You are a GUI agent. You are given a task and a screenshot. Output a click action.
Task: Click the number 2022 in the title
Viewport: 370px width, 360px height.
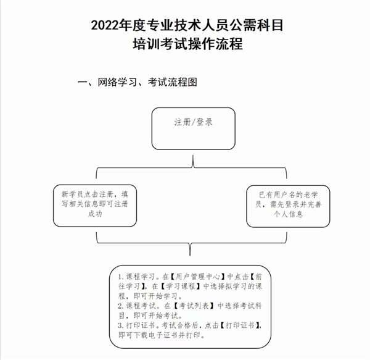[105, 25]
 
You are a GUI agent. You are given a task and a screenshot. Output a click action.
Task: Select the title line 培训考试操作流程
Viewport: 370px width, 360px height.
[188, 44]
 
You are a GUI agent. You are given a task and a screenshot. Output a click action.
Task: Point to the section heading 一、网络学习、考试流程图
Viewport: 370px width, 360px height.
[138, 82]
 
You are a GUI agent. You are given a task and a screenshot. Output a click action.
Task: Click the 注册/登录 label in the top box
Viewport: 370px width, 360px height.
[194, 122]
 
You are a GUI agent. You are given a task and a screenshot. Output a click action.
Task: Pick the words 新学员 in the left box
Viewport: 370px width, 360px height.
[72, 194]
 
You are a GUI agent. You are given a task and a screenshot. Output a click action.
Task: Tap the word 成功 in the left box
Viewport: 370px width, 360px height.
[95, 214]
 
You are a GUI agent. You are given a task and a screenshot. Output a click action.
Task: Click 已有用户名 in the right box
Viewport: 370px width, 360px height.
[277, 195]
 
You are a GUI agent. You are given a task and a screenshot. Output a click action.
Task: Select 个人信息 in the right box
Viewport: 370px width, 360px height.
[288, 214]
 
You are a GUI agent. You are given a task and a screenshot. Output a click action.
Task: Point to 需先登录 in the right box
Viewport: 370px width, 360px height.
[285, 204]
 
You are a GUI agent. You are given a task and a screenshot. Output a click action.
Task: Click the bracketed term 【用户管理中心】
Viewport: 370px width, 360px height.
[197, 277]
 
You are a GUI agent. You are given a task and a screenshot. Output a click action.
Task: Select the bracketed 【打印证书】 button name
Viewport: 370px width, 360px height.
[240, 325]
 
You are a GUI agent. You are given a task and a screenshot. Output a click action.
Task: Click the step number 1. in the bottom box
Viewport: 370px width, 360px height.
[121, 277]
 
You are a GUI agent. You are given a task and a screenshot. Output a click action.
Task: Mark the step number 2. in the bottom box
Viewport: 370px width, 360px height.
[121, 306]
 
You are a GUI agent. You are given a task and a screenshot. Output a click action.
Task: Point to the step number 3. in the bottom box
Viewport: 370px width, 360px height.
[121, 326]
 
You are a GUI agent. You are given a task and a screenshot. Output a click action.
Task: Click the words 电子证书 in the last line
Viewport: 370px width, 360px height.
[163, 335]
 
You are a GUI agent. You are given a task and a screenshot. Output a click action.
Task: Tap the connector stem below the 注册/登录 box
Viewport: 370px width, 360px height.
[193, 161]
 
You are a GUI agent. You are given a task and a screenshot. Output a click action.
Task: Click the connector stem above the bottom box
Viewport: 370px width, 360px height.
[190, 249]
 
